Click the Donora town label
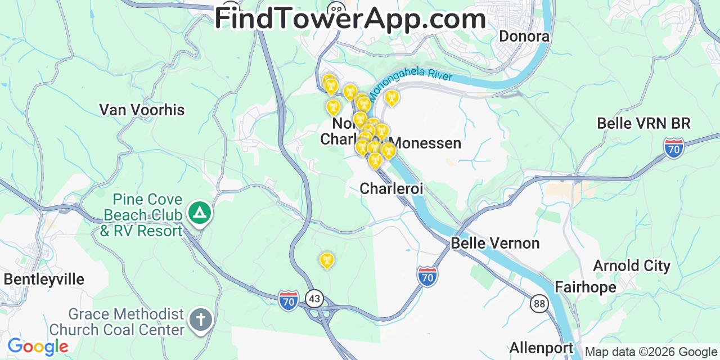pyautogui.click(x=524, y=37)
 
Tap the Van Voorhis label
pyautogui.click(x=142, y=110)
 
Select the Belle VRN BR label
pyautogui.click(x=643, y=123)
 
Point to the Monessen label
pyautogui.click(x=426, y=143)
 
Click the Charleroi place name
pyautogui.click(x=391, y=188)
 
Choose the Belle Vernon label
pyautogui.click(x=495, y=243)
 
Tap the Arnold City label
pyautogui.click(x=632, y=265)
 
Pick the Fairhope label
pyautogui.click(x=585, y=287)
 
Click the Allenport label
pyautogui.click(x=541, y=348)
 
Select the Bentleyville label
pyautogui.click(x=44, y=280)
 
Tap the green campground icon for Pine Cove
pyautogui.click(x=199, y=213)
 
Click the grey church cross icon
pyautogui.click(x=200, y=320)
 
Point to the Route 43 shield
pyautogui.click(x=314, y=298)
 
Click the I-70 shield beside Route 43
pyautogui.click(x=289, y=300)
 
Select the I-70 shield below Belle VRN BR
pyautogui.click(x=673, y=148)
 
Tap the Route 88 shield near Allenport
pyautogui.click(x=539, y=304)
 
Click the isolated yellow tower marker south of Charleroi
pyautogui.click(x=326, y=261)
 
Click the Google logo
pyautogui.click(x=37, y=347)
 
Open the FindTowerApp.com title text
pyautogui.click(x=350, y=19)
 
